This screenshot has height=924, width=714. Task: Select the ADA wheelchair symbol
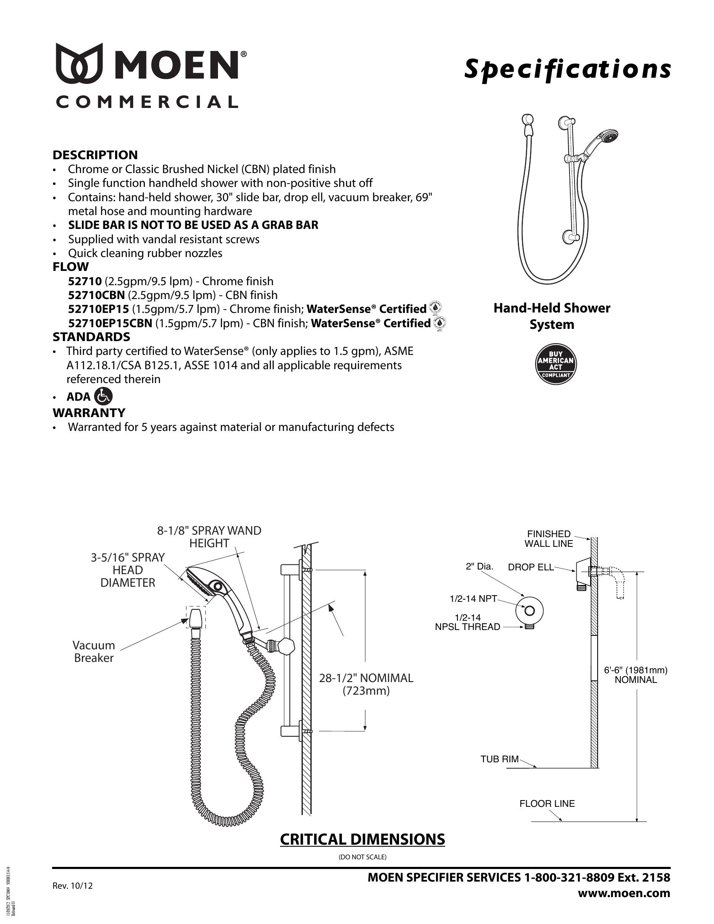coord(104,396)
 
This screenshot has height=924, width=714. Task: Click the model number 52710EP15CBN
coord(110,323)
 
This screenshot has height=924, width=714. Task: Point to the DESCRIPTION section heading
coord(95,155)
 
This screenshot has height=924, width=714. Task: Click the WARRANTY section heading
coord(89,412)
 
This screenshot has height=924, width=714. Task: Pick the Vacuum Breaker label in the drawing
coord(94,651)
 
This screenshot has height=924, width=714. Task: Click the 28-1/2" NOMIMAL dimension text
coord(366,678)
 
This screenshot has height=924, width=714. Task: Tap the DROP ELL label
coord(530,567)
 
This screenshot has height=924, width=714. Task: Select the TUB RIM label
coord(499,759)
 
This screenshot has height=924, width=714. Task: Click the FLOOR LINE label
coord(547,803)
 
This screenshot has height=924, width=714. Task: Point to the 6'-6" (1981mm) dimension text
coord(635,670)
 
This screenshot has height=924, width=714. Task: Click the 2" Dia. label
coord(479,567)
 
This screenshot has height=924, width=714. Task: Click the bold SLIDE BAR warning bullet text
coord(193,225)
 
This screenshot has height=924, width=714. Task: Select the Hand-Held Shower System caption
coord(551,316)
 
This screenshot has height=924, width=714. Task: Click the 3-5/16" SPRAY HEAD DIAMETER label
coord(128,570)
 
